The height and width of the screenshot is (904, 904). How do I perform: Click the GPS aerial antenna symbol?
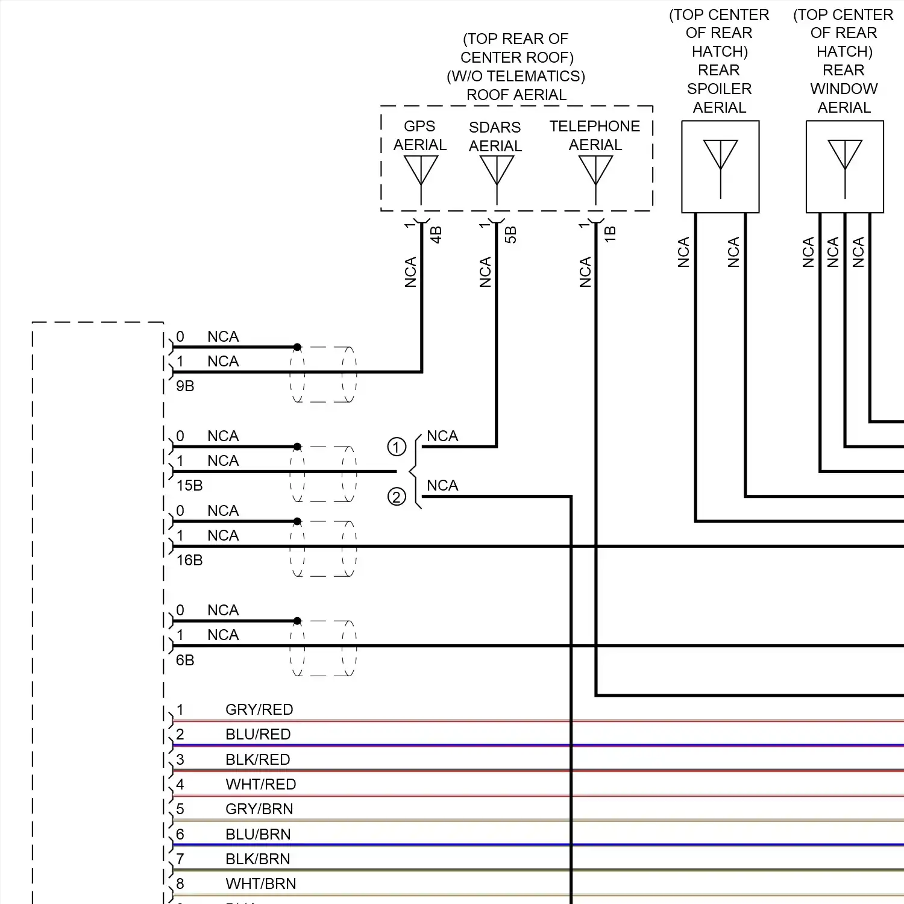coord(421,171)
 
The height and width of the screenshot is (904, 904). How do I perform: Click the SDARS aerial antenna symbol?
coord(497,171)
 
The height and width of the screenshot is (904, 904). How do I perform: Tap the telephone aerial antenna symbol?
coord(595,171)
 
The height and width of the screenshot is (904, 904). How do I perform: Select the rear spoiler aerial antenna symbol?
coord(720,157)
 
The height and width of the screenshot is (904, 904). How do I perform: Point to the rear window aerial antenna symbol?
coord(845,157)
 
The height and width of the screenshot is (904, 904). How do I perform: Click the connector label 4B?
coord(436,234)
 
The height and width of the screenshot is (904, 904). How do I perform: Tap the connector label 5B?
coord(511,234)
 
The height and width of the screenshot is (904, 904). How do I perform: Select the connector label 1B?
coord(611,234)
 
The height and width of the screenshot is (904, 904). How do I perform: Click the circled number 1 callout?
coord(397,447)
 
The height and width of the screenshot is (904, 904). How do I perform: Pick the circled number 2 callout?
coord(397,497)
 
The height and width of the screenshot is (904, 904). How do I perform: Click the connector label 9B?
coord(185,386)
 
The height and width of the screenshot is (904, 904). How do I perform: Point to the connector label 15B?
coord(189,486)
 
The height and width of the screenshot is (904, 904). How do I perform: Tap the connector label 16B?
coord(189,560)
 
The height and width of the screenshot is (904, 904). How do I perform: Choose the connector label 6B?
coord(185,661)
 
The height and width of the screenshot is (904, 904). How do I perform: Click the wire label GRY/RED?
coord(259,710)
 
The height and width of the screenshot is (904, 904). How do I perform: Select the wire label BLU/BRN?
coord(258,835)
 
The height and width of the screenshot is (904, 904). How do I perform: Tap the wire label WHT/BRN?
coord(261,884)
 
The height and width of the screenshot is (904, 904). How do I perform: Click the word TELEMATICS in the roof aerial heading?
coord(524,77)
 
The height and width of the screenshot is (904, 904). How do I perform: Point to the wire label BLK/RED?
coord(258,760)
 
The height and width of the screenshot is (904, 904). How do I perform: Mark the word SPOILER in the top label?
coord(720,89)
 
